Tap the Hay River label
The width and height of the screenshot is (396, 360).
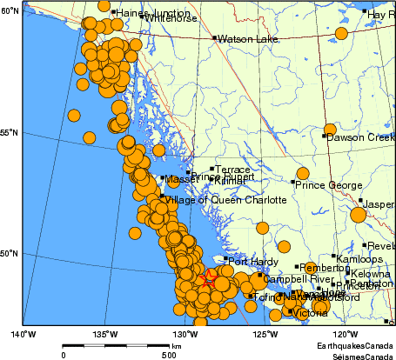coord(380,15)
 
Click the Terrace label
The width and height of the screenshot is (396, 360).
coord(232,170)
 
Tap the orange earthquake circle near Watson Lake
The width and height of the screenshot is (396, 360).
coord(341,34)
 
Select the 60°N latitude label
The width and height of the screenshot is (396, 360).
coord(10,10)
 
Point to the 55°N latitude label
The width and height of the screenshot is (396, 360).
coord(10,133)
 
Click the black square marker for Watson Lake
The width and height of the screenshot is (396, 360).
coord(214,38)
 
